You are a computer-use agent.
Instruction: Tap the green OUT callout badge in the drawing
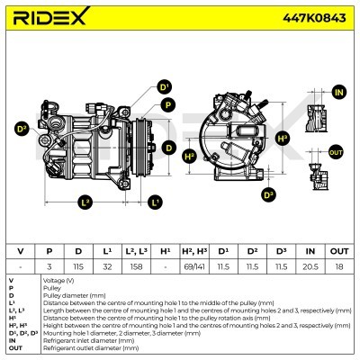pyautogui.click(x=336, y=152)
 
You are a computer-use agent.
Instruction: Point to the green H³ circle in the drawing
pyautogui.click(x=283, y=138)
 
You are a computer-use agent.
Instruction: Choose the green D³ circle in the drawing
pyautogui.click(x=268, y=194)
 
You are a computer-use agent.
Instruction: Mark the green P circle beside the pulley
pyautogui.click(x=166, y=104)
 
